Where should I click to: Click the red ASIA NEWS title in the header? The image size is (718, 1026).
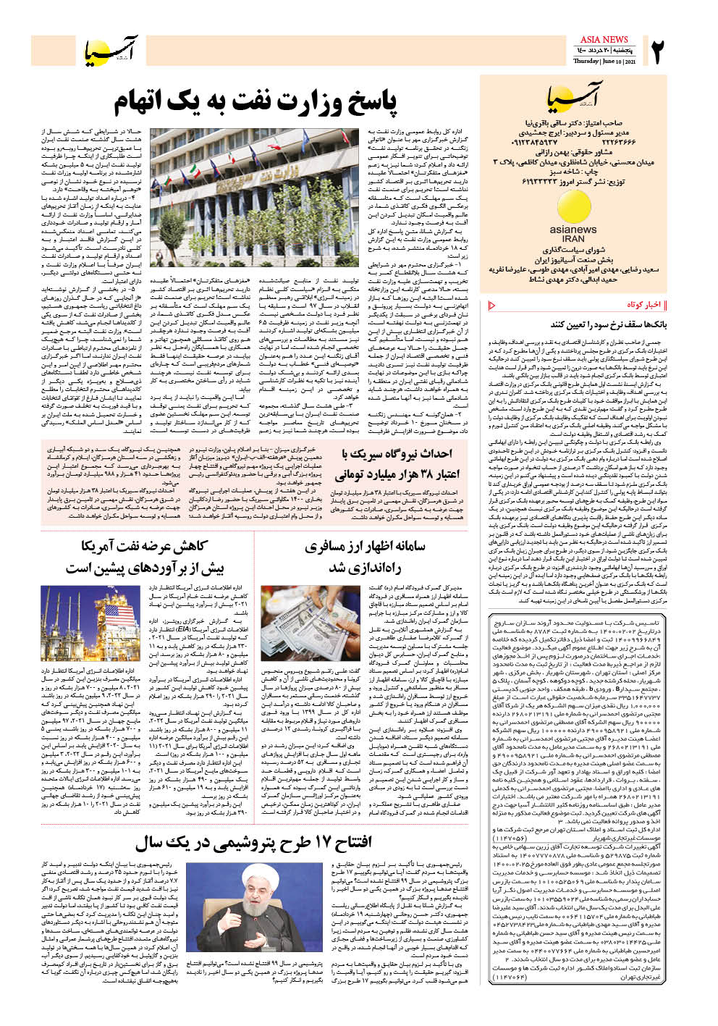click(604, 39)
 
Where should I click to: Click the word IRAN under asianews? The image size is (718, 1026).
click(573, 238)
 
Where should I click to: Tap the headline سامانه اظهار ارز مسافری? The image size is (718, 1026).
click(366, 547)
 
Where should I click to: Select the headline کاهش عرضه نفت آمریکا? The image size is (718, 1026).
click(145, 546)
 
